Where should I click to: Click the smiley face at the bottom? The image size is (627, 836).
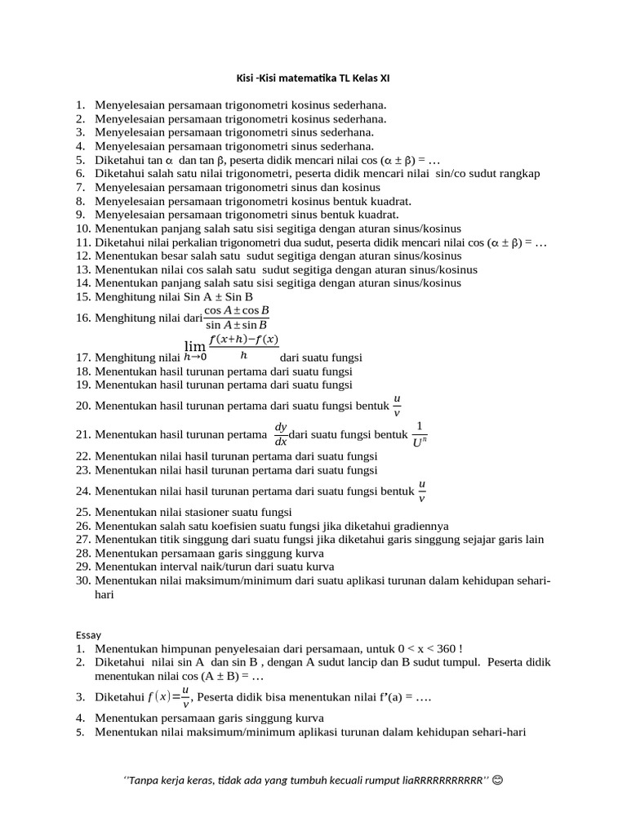click(498, 780)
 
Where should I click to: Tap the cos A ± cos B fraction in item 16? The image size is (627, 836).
click(237, 318)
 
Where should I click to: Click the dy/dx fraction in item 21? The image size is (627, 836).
click(281, 434)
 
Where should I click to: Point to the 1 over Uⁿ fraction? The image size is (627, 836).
click(420, 434)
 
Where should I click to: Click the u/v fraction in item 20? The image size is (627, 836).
click(398, 405)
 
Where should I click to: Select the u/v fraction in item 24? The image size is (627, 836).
click(422, 491)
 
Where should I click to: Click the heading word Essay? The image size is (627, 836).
click(88, 634)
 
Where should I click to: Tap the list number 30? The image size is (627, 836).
click(82, 580)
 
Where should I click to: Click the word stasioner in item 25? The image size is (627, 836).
click(211, 512)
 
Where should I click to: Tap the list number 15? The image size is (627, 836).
click(82, 296)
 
